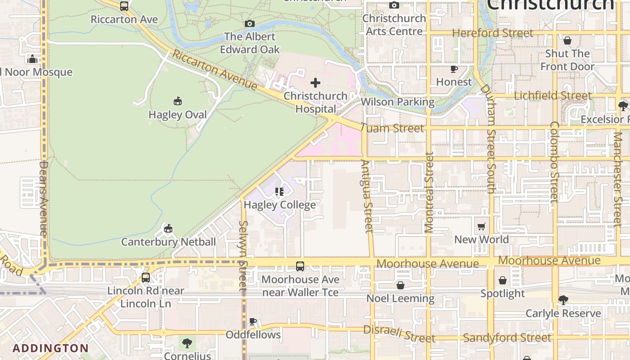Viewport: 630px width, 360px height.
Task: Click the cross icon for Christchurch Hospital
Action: tap(315, 83)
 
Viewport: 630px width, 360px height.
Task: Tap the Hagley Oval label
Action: tap(177, 115)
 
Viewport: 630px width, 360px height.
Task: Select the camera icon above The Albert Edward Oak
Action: tap(250, 23)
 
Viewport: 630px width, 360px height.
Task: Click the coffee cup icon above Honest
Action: tap(454, 69)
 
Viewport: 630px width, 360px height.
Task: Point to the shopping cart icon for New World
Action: tap(481, 226)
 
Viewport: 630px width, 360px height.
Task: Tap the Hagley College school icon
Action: tap(279, 192)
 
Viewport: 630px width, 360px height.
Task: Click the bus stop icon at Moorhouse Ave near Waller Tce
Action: tap(300, 266)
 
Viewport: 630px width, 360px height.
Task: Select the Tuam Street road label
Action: tap(392, 128)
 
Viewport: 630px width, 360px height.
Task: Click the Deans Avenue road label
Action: tap(43, 198)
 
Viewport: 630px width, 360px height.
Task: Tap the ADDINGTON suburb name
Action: tap(50, 348)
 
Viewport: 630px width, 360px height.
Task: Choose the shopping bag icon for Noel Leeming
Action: tap(400, 285)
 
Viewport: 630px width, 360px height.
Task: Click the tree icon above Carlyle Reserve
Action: tap(563, 300)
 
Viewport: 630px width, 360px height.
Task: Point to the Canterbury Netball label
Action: tap(168, 242)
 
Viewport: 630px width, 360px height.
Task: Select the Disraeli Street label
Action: tap(399, 334)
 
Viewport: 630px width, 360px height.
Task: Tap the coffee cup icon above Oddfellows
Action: tap(253, 321)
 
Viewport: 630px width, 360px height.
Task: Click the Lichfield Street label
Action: tap(553, 95)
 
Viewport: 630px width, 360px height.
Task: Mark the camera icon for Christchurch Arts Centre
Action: tap(394, 5)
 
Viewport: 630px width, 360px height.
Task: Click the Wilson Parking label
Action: tap(397, 102)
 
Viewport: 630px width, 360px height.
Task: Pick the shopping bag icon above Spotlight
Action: tap(503, 280)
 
